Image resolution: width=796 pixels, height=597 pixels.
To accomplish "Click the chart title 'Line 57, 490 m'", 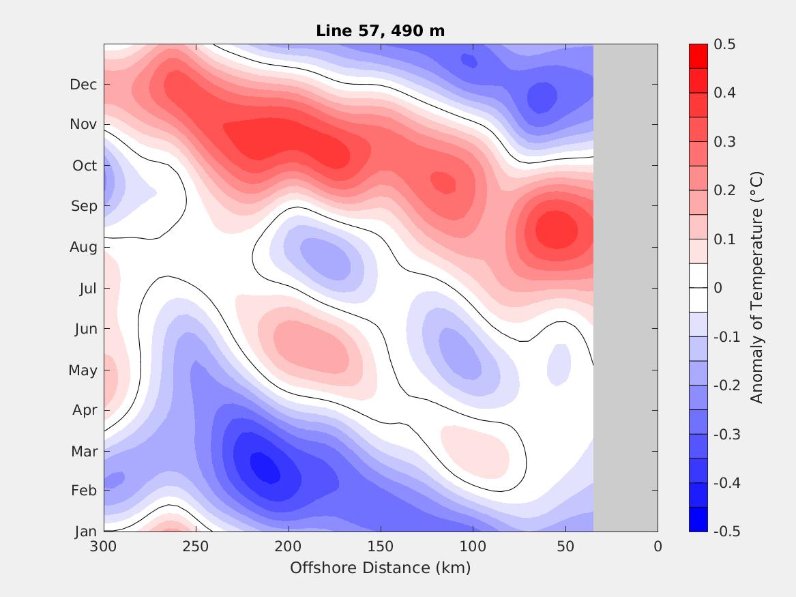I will pos(380,31).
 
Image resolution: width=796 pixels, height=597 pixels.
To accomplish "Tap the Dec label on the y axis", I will pos(83,85).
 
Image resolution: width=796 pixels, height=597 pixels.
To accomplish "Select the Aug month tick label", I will pos(83,247).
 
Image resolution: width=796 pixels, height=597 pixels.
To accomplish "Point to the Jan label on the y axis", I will pos(85,532).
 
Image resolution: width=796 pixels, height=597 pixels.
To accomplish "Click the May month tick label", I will pos(83,370).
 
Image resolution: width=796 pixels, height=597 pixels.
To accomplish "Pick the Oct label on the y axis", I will pos(84,166).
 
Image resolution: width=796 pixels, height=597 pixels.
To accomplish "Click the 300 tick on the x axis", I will pos(104,547).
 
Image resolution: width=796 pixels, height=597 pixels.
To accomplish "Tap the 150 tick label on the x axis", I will pos(381,547).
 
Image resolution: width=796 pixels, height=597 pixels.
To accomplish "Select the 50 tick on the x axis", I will pos(565,547).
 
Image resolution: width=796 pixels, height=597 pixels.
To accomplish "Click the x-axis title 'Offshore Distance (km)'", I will pos(380,568).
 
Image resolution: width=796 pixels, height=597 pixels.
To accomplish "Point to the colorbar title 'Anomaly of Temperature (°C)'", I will pos(756,287).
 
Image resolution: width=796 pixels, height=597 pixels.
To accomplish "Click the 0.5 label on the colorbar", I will pos(724,44).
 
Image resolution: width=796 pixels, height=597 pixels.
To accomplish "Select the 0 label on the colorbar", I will pos(718,288).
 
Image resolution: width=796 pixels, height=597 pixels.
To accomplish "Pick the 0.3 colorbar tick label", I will pos(724,142).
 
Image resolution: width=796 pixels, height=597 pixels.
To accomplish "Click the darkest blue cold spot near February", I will pos(265,467).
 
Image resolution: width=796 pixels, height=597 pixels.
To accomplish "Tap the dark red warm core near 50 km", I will pos(556,229).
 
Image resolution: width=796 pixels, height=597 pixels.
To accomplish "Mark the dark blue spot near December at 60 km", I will pos(542,97).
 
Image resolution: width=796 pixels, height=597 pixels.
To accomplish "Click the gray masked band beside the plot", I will pos(625,287).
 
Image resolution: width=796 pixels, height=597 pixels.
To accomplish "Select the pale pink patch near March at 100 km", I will pos(475,450).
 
